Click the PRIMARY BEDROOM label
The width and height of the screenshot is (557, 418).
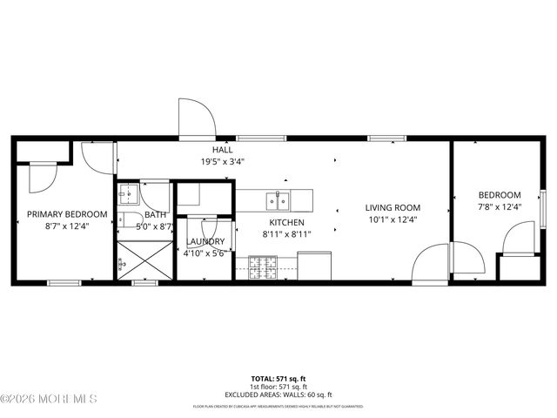(67, 214)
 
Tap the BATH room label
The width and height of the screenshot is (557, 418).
(155, 215)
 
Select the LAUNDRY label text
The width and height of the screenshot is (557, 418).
(205, 241)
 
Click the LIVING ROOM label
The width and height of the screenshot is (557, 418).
(393, 208)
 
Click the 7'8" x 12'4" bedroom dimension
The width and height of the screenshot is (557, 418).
(500, 206)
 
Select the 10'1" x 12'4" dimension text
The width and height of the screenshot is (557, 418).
(393, 219)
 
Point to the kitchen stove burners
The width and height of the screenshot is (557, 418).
(261, 267)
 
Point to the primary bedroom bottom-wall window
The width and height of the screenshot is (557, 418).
(64, 282)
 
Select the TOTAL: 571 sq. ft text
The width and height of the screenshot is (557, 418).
(278, 379)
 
